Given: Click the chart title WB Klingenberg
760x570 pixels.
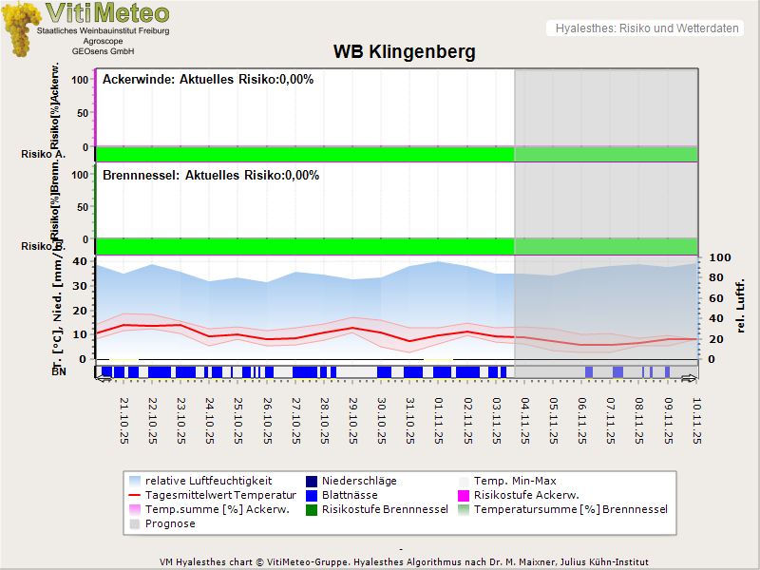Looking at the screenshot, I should click(404, 51).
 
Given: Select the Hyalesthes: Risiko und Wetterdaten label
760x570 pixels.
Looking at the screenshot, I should click(646, 28).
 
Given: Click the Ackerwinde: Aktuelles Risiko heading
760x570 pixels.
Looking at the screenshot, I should click(208, 79).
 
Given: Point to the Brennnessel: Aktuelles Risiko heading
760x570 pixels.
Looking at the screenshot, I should click(211, 175).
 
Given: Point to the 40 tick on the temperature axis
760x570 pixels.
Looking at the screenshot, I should click(80, 261).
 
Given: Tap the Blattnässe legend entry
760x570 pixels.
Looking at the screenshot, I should click(350, 495).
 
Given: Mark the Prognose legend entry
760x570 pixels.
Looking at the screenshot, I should click(170, 523).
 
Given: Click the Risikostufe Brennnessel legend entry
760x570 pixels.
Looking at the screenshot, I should click(385, 509).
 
